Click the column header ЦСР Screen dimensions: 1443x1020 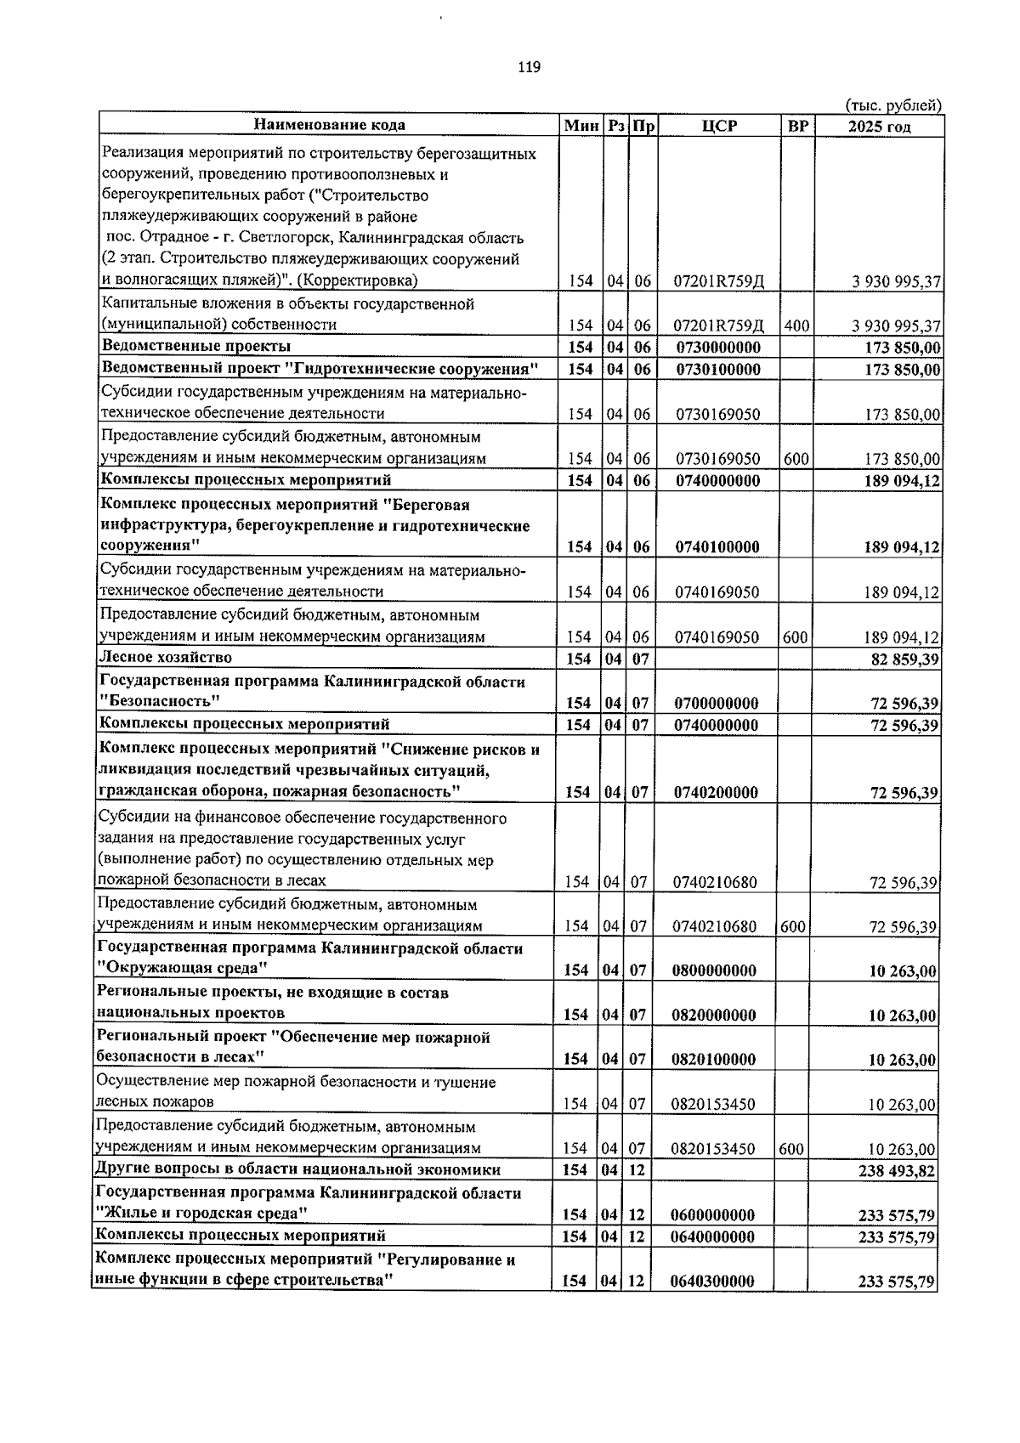tap(719, 126)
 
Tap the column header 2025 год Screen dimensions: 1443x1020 tap(880, 127)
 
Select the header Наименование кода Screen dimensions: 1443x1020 tap(330, 125)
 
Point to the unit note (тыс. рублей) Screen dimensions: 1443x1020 tap(892, 105)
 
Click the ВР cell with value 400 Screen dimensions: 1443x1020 tap(796, 325)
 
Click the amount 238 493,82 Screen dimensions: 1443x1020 tap(900, 1171)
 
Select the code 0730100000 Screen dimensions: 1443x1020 tap(718, 370)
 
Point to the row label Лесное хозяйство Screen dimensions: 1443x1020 tap(166, 657)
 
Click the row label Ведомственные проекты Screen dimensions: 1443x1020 tap(196, 346)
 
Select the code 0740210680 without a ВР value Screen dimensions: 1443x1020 tap(715, 882)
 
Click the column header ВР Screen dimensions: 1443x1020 tap(797, 126)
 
